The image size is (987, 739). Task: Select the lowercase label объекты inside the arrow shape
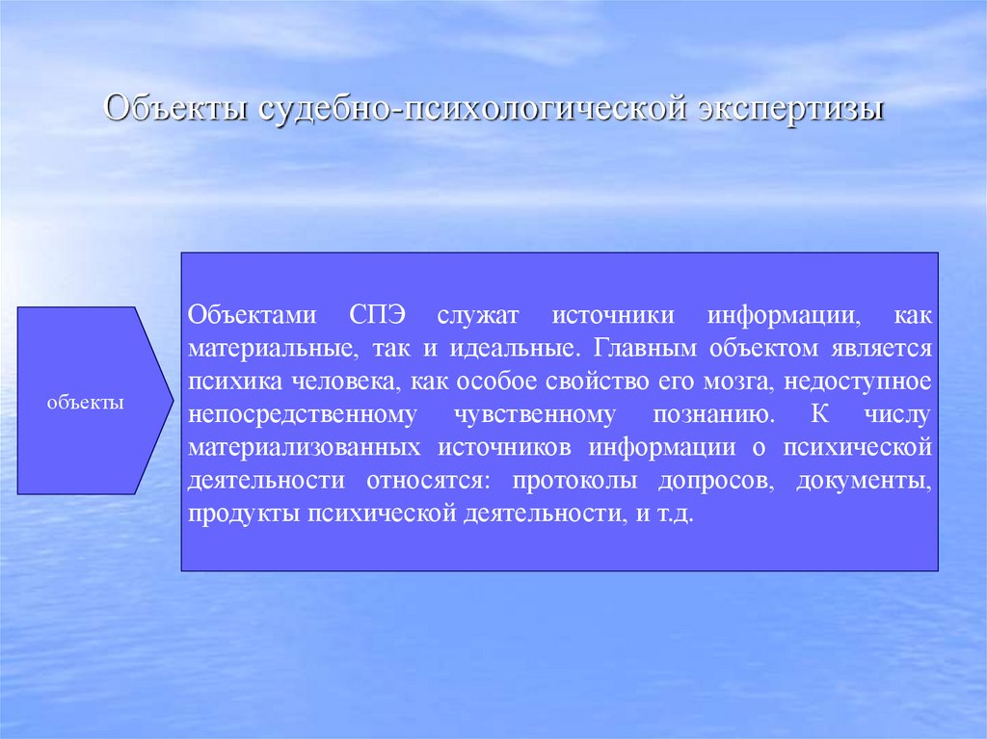(x=86, y=402)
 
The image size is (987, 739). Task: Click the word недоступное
(x=858, y=382)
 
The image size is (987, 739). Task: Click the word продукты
(x=244, y=515)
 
